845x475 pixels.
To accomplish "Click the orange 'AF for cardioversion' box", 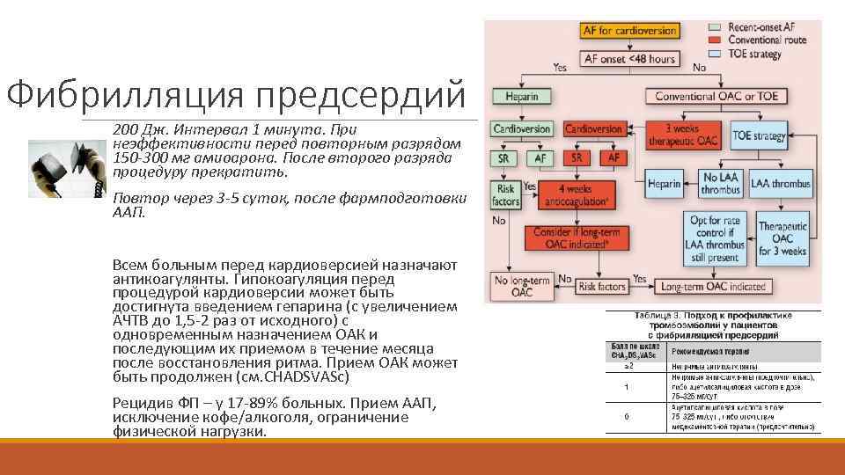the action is tap(629, 31).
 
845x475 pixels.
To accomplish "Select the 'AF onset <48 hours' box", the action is tap(629, 59).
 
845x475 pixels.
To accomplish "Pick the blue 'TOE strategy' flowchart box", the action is tap(759, 136).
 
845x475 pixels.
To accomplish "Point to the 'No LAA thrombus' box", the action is tap(720, 184).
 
